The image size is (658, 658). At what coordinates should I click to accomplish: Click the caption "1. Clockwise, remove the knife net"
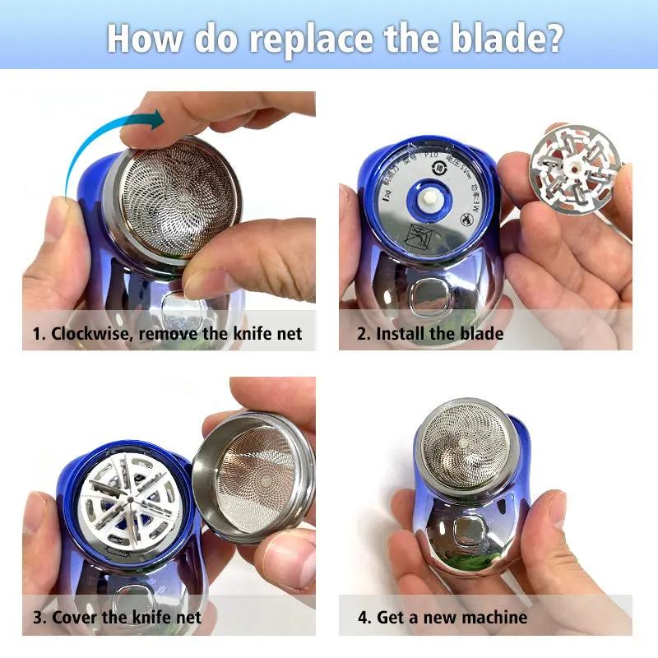click(x=168, y=334)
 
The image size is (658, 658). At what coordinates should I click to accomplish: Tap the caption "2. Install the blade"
click(x=430, y=334)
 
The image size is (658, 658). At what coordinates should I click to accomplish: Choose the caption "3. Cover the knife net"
click(x=117, y=617)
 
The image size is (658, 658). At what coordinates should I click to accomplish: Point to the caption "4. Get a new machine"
click(x=442, y=617)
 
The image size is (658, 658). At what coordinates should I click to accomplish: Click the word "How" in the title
click(x=139, y=39)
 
